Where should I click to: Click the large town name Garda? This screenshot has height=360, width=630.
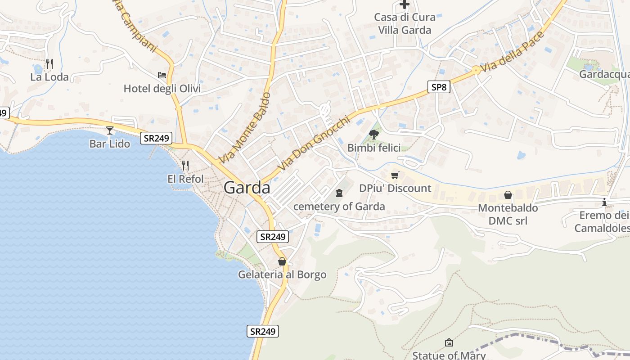click(247, 188)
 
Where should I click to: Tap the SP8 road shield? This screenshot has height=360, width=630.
click(439, 87)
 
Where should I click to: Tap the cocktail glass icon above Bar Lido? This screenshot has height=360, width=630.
click(110, 130)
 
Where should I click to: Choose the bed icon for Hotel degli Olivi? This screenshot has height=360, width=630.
click(162, 75)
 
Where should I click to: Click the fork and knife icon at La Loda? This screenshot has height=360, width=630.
click(49, 63)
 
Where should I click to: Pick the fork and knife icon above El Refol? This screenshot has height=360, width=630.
click(185, 165)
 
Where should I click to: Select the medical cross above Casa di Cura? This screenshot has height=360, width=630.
click(405, 4)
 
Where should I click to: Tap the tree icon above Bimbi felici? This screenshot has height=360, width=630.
click(373, 134)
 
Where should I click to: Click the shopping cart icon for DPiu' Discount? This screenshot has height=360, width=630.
click(395, 175)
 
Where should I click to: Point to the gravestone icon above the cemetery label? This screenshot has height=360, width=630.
click(339, 193)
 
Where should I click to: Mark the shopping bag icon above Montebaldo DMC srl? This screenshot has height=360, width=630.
click(508, 195)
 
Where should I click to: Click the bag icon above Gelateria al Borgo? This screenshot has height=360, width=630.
click(282, 261)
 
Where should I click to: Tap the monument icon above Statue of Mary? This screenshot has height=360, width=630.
click(449, 342)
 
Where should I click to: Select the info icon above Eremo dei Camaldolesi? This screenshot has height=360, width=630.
click(604, 202)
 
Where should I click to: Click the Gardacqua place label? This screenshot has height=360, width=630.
click(604, 74)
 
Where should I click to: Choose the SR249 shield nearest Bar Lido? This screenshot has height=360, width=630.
click(156, 138)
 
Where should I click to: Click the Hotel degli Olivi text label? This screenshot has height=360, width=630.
click(162, 89)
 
